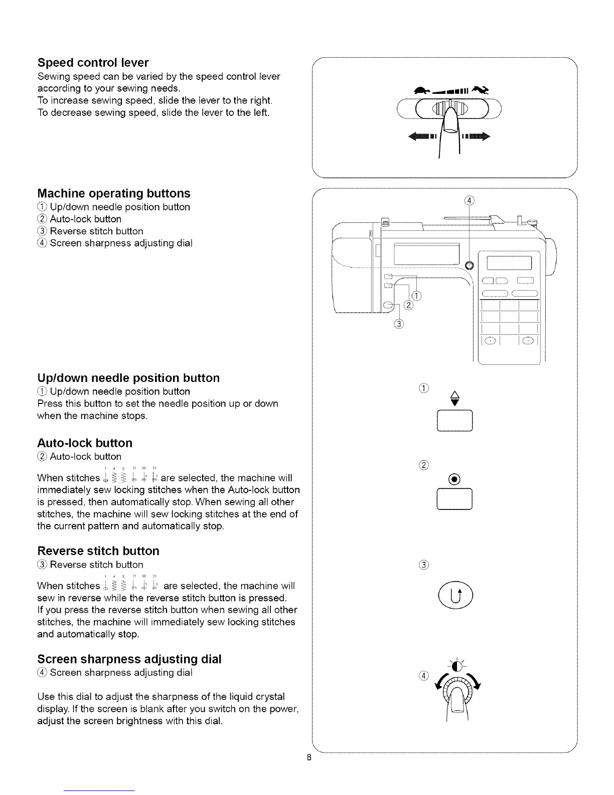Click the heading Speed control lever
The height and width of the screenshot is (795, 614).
[93, 63]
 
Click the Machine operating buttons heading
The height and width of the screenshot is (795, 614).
[114, 193]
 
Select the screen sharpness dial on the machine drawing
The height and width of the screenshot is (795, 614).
[470, 264]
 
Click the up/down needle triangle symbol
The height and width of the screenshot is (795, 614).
[455, 398]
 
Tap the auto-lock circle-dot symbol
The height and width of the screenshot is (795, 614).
[455, 478]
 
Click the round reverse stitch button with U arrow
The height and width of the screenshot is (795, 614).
[455, 597]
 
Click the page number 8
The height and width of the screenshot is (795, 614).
[310, 757]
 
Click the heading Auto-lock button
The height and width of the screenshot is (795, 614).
[85, 443]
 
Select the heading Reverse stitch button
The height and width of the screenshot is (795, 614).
[98, 551]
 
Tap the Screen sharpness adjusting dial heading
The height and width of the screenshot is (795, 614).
[129, 659]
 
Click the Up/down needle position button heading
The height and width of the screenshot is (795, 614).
[128, 378]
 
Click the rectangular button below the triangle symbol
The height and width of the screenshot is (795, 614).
[455, 421]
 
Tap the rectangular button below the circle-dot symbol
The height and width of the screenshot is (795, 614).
[455, 499]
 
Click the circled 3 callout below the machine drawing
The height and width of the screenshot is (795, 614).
[399, 324]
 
